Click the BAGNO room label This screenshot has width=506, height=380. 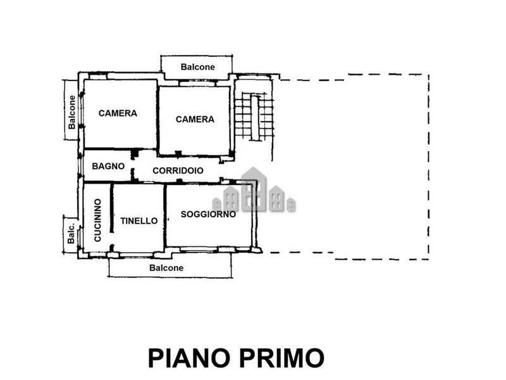click(108, 166)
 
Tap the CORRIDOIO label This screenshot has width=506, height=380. click(178, 170)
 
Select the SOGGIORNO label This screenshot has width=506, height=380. click(208, 214)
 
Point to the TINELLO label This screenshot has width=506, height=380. click(139, 221)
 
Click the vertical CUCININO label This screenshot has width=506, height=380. click(97, 220)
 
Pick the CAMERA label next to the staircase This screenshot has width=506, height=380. click(195, 119)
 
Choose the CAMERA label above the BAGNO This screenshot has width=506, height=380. click(118, 113)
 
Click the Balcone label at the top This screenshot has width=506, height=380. click(197, 67)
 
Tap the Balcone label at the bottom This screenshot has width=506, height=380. click(166, 268)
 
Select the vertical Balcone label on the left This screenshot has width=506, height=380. click(71, 112)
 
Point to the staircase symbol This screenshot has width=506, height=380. click(254, 117)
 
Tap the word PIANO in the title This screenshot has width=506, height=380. click(189, 358)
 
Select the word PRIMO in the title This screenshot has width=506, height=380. click(281, 358)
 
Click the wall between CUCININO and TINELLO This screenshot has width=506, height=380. click(112, 208)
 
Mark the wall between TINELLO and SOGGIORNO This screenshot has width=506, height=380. click(165, 215)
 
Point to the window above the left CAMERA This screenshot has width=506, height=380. click(97, 77)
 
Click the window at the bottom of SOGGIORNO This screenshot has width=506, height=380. click(199, 249)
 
